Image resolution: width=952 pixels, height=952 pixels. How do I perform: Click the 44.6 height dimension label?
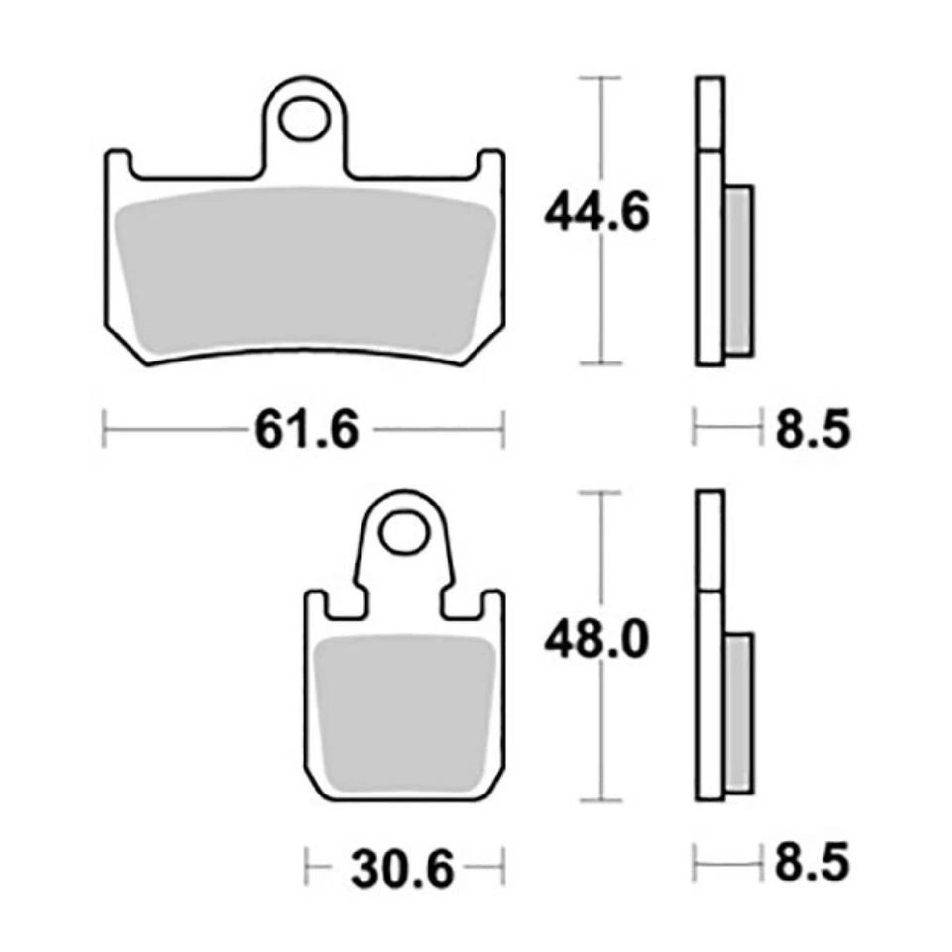tap(596, 213)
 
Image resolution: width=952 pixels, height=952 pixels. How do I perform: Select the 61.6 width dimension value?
tap(303, 430)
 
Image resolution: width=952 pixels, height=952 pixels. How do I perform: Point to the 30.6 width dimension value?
tap(402, 871)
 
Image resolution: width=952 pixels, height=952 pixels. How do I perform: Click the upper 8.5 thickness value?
tap(811, 430)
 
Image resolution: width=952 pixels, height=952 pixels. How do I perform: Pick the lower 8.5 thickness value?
tap(811, 863)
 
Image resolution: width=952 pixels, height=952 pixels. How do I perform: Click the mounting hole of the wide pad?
tap(304, 120)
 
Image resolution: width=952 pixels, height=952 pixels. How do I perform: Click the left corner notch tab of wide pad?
tap(117, 163)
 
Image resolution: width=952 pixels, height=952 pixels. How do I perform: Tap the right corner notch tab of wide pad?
tap(491, 163)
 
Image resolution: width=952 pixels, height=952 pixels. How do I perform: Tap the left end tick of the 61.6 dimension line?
tap(105, 430)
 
